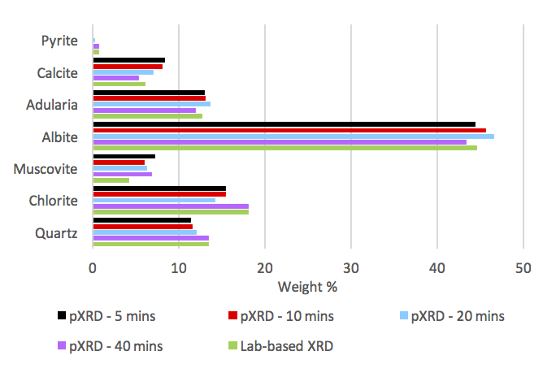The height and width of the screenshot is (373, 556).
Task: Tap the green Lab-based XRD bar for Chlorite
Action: [x=171, y=211]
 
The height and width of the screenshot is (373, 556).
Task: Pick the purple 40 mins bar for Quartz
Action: [x=150, y=238]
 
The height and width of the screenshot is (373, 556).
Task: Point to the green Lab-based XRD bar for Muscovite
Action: [x=111, y=180]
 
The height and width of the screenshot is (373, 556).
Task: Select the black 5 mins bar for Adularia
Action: [x=149, y=93]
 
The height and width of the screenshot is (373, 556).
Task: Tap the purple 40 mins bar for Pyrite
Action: [x=96, y=46]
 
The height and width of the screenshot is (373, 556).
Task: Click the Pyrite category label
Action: [x=59, y=40]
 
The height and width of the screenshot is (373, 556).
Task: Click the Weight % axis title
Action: [x=307, y=286]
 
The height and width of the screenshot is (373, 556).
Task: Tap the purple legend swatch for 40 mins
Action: [x=62, y=345]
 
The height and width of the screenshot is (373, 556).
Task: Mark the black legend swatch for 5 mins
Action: [x=62, y=316]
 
